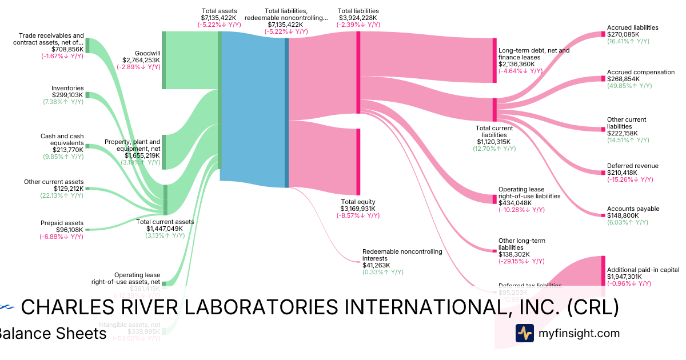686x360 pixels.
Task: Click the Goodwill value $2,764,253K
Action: click(x=141, y=60)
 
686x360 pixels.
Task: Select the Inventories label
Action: click(x=67, y=89)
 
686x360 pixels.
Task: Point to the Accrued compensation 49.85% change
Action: click(x=628, y=86)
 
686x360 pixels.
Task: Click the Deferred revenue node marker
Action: click(x=603, y=172)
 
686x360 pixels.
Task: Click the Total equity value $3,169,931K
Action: click(x=358, y=209)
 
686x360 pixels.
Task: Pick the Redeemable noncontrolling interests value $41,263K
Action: click(x=376, y=265)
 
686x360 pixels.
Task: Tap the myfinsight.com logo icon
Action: click(x=524, y=333)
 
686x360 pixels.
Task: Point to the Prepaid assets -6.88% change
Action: click(x=62, y=237)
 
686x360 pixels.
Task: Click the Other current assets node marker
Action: click(x=87, y=189)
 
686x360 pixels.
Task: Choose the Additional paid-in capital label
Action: click(x=643, y=270)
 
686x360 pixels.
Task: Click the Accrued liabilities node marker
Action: click(x=603, y=34)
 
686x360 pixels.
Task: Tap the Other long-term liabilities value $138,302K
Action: click(x=514, y=254)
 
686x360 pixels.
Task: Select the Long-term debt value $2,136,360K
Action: click(x=516, y=65)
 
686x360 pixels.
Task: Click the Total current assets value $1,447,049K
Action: click(x=164, y=229)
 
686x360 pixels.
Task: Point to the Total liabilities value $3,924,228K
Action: click(x=358, y=18)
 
